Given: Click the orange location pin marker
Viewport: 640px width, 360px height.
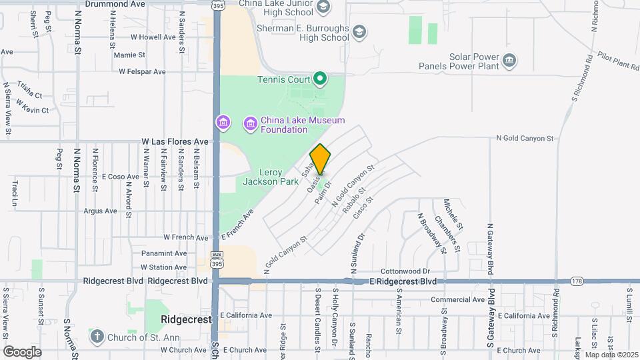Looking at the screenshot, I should pos(320,159).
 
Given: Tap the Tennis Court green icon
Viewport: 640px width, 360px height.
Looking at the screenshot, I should pos(320,80).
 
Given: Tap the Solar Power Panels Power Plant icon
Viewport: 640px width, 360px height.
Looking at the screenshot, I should pos(509,61).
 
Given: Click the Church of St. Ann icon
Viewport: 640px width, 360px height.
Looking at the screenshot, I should pos(97,336).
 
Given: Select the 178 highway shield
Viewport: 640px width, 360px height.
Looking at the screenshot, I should pos(577,281).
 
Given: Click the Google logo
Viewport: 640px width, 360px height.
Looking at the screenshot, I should pos(23,351).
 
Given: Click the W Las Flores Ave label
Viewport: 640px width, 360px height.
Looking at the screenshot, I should pos(175,142).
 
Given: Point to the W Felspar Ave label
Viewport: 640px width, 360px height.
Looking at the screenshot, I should pos(142,71).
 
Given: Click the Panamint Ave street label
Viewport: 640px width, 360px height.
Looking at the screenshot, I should pos(164,253).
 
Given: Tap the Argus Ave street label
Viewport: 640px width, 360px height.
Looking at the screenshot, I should pos(100,211).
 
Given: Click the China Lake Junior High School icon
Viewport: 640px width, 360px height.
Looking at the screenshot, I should pos(323,7).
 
